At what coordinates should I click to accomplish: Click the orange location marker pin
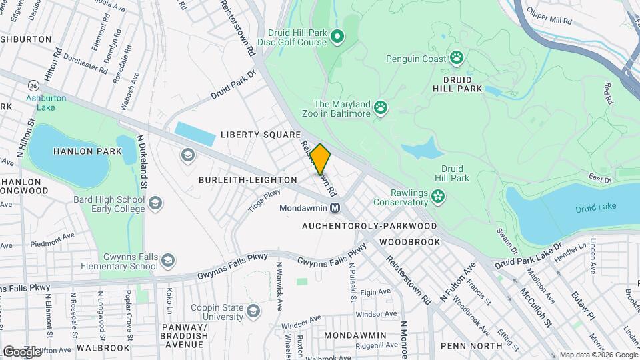(x=321, y=159)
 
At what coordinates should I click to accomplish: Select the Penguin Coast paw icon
(x=457, y=58)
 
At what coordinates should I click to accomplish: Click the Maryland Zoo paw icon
(x=380, y=107)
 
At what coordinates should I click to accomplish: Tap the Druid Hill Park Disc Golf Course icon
(x=337, y=36)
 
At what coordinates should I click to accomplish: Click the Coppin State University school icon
(x=253, y=311)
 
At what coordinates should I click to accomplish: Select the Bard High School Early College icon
(x=155, y=203)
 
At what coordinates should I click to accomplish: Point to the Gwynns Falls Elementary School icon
(x=169, y=261)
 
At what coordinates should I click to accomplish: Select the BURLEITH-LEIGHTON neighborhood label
(x=247, y=180)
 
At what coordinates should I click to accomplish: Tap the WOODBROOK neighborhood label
(x=410, y=242)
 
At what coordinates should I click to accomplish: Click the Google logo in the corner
(x=22, y=351)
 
